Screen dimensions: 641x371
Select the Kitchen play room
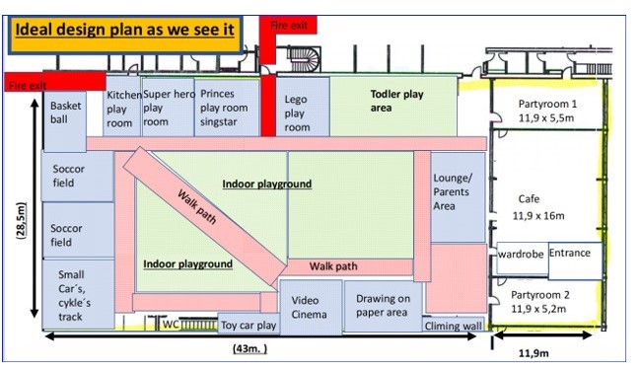click(x=122, y=107)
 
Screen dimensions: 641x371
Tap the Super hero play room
click(x=168, y=107)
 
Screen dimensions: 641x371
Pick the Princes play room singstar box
click(x=227, y=108)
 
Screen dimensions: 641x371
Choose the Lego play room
click(x=303, y=107)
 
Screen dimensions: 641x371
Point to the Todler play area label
click(x=396, y=101)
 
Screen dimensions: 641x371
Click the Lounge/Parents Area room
click(x=458, y=197)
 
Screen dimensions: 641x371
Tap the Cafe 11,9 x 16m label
click(x=538, y=207)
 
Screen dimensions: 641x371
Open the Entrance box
click(x=575, y=260)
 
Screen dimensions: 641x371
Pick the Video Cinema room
click(x=311, y=307)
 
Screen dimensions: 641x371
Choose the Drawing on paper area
click(x=383, y=306)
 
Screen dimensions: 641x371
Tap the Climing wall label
click(x=453, y=326)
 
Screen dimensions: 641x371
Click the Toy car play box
click(x=249, y=325)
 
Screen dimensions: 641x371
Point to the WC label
click(x=171, y=325)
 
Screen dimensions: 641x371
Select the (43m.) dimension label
click(x=249, y=349)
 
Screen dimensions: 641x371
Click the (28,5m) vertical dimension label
click(x=21, y=220)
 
